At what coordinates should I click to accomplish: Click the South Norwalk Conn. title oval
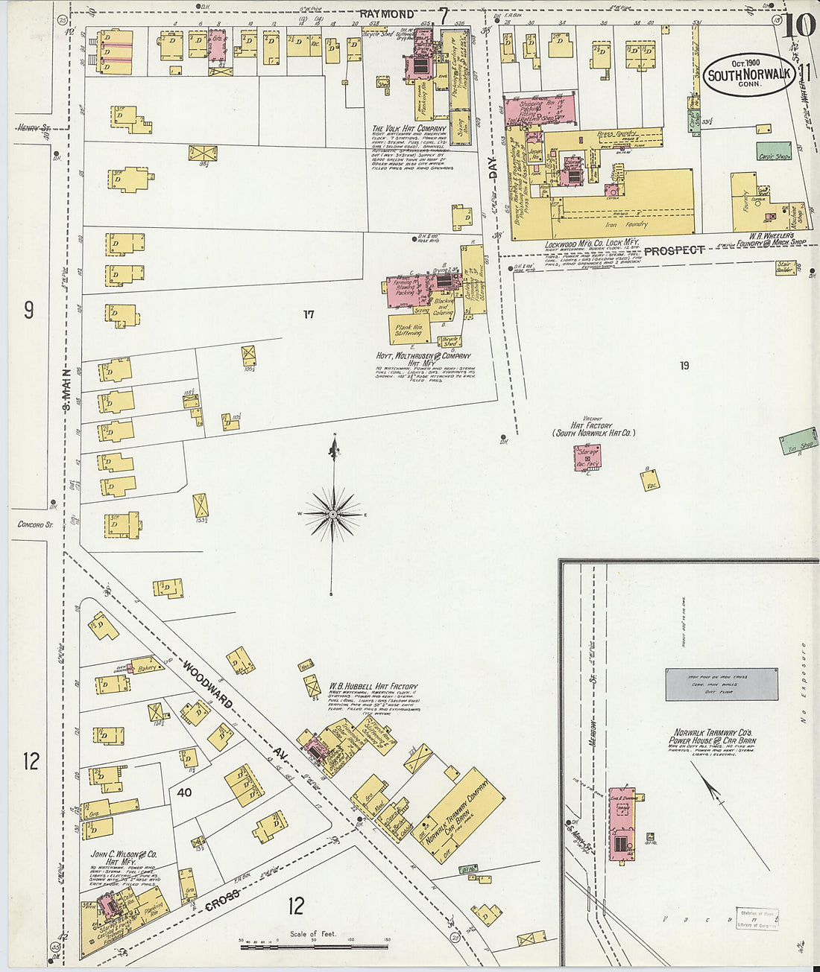(x=748, y=75)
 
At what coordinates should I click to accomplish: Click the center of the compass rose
(x=333, y=514)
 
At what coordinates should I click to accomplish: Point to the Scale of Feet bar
(x=313, y=947)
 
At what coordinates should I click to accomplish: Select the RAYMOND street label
(x=387, y=14)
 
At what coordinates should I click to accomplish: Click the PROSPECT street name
(x=674, y=250)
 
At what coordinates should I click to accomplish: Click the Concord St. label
(x=35, y=524)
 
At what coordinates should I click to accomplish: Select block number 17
(x=308, y=314)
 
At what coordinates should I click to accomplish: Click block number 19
(x=684, y=365)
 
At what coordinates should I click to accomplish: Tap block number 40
(x=184, y=792)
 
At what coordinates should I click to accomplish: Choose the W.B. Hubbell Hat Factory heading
(x=373, y=686)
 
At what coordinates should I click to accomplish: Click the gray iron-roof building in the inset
(x=722, y=684)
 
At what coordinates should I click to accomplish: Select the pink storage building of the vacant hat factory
(x=587, y=457)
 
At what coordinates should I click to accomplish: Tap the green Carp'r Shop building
(x=774, y=152)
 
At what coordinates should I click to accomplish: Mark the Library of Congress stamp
(x=757, y=918)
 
